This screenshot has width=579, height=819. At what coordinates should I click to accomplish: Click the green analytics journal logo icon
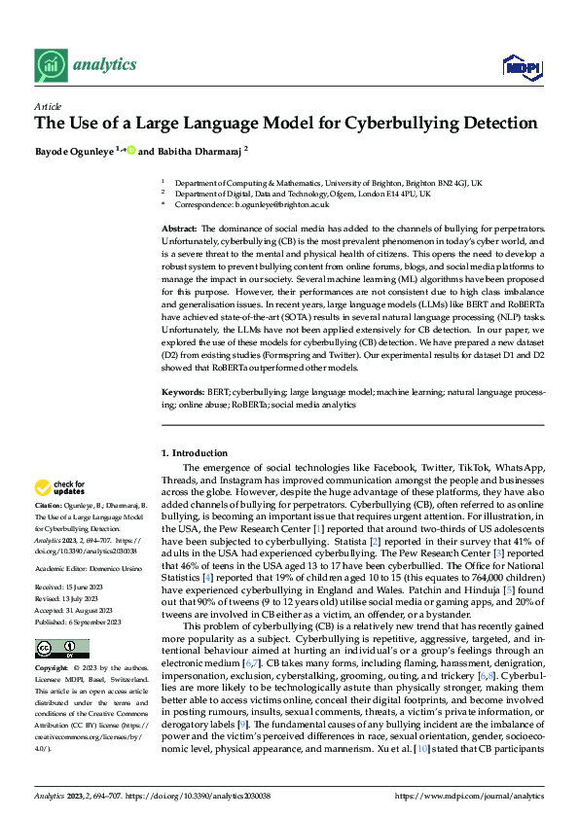49,64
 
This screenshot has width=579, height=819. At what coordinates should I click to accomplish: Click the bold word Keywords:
182,417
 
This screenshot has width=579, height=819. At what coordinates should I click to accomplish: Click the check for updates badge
60,487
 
